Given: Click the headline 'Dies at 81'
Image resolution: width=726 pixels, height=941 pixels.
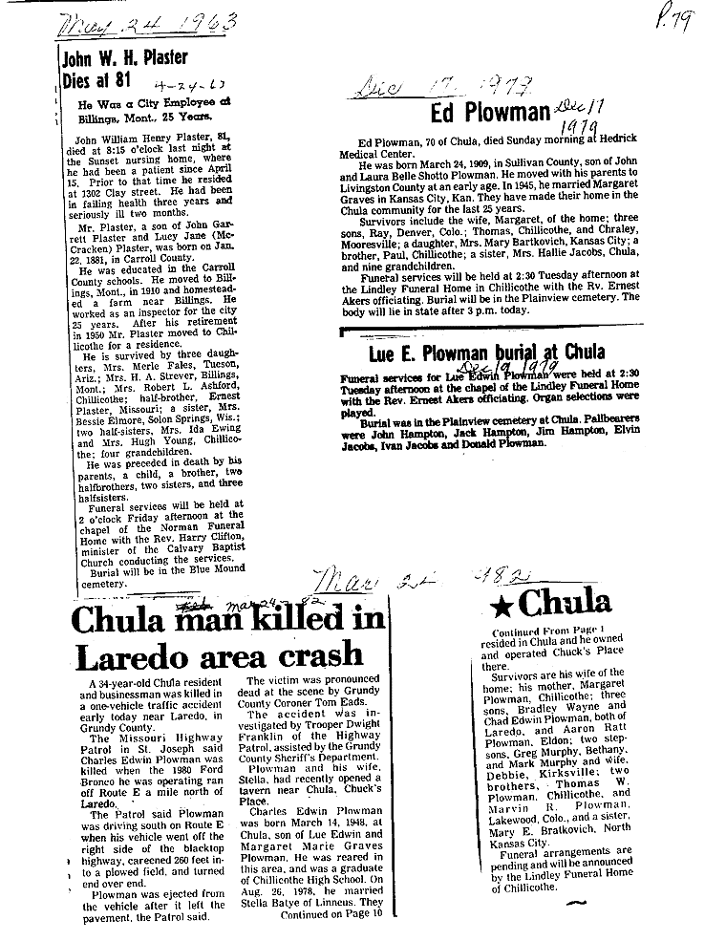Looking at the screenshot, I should pyautogui.click(x=95, y=79).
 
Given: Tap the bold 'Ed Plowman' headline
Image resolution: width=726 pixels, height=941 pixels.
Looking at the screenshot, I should pyautogui.click(x=487, y=113).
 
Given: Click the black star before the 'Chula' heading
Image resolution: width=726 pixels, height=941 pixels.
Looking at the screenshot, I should pyautogui.click(x=499, y=604).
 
